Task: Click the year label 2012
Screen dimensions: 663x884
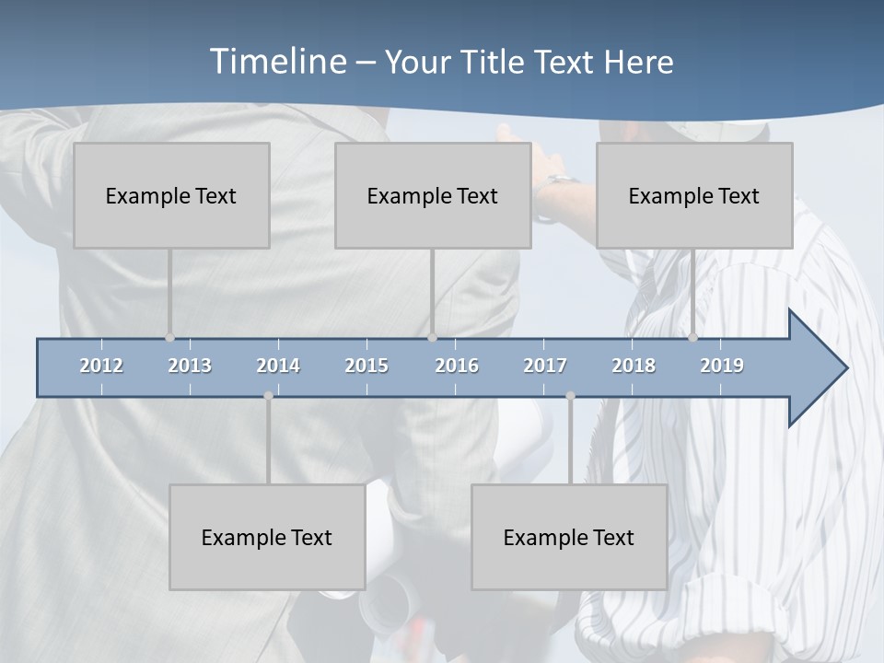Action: coord(101,366)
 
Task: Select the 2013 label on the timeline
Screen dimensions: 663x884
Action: coord(190,366)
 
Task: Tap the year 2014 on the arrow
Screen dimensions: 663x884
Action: coord(278,366)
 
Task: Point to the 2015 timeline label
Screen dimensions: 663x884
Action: coord(366,366)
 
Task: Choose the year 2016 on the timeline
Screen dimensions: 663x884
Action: coord(457,366)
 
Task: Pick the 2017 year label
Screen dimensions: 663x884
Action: coord(545,366)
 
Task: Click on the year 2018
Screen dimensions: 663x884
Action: coord(634,366)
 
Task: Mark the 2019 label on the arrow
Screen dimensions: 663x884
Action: coord(722,366)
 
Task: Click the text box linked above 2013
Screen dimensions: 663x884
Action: coord(171,195)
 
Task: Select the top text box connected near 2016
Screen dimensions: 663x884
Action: coord(433,195)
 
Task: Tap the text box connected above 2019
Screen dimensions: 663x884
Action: coord(694,195)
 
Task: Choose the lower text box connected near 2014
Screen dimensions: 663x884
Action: coord(267,537)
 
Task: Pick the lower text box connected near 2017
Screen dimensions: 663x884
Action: coord(569,537)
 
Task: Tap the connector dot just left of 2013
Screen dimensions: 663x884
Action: coord(169,338)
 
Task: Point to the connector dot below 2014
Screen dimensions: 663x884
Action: coord(268,396)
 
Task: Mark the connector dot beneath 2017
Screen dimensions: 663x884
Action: coord(570,396)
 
